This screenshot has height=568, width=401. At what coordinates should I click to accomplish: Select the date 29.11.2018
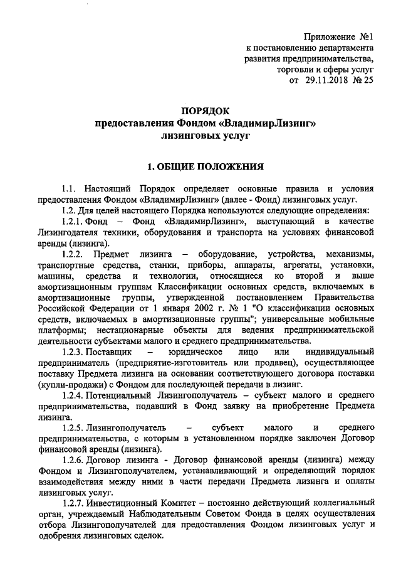point(328,81)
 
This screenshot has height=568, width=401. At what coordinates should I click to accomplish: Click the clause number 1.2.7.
point(76,503)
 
